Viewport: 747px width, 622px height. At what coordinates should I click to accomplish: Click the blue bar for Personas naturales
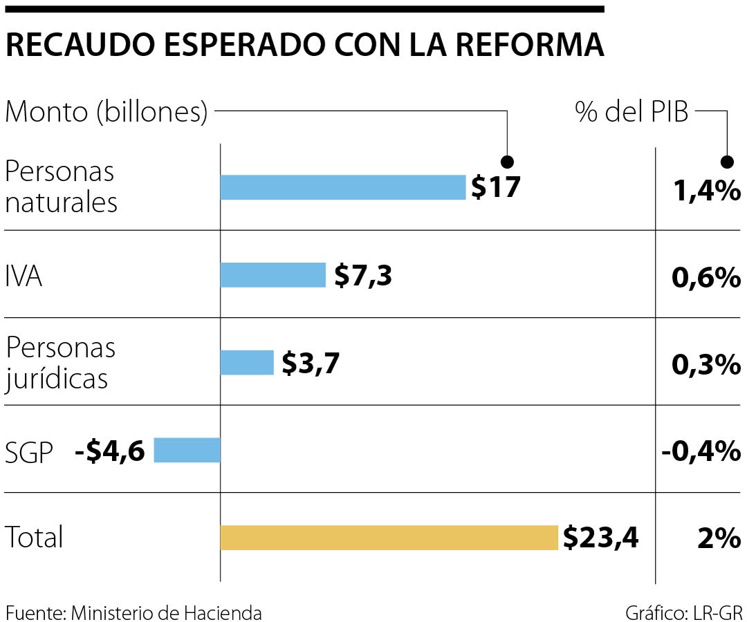(342, 187)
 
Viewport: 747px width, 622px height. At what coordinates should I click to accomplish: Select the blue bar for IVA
(273, 275)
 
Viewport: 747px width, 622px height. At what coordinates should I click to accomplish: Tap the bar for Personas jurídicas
(247, 362)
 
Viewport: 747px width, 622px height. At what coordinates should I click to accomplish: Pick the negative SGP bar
(187, 450)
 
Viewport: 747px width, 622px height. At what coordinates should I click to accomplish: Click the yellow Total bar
(389, 538)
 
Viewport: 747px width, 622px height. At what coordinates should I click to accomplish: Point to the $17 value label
(495, 187)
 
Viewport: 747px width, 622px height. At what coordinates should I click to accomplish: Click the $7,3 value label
(363, 276)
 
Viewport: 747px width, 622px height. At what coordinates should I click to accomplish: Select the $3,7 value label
(311, 363)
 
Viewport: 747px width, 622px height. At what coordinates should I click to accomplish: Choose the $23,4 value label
(600, 537)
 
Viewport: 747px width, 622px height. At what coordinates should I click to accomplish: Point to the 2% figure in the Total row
(719, 538)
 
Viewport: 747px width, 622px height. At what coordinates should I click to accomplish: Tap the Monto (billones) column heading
(107, 112)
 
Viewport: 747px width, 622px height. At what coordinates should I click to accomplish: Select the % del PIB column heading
(631, 112)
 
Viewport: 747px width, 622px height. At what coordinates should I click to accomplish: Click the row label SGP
(29, 453)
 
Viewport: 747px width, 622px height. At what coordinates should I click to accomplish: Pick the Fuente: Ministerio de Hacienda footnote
(133, 612)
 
